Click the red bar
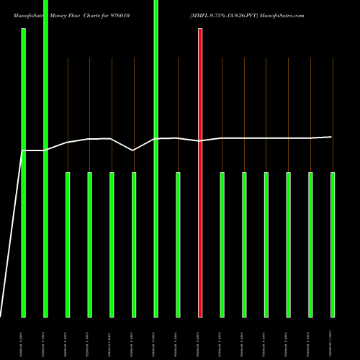pyautogui.click(x=200, y=173)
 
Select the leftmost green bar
pyautogui.click(x=23, y=173)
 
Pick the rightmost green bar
pyautogui.click(x=333, y=245)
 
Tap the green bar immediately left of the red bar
pyautogui.click(x=178, y=245)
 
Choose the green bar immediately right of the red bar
pyautogui.click(x=222, y=245)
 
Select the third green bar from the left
pyautogui.click(x=68, y=245)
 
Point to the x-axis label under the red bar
pyautogui.click(x=200, y=338)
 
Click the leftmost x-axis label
pyautogui.click(x=23, y=338)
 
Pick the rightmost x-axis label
pyautogui.click(x=333, y=338)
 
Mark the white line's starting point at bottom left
pyautogui.click(x=1, y=316)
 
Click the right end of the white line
pyautogui.click(x=332, y=137)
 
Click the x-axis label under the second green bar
pyautogui.click(x=45, y=338)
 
